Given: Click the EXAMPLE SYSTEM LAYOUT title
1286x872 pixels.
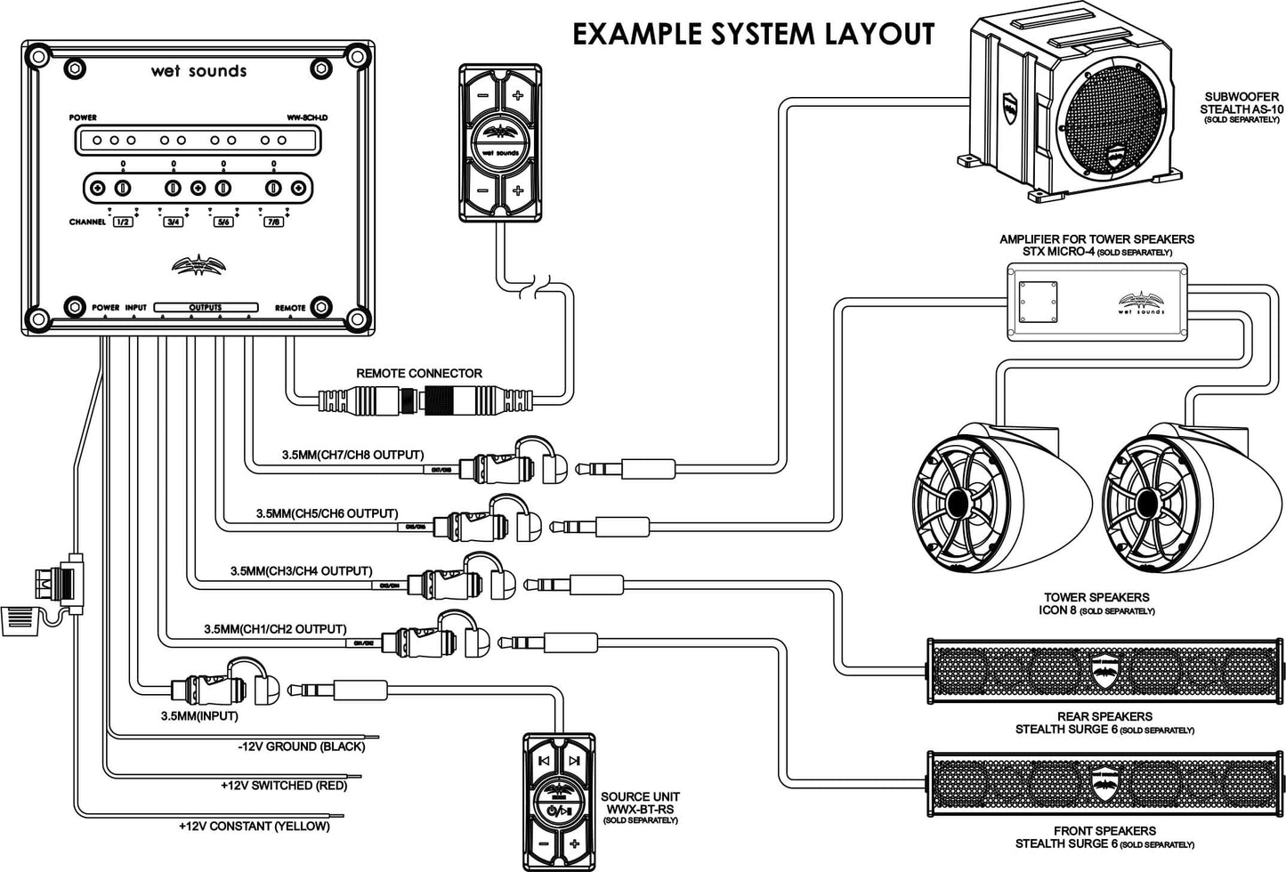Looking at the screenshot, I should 752,34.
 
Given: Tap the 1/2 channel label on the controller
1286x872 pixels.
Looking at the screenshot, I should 123,222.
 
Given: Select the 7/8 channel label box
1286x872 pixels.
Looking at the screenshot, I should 273,222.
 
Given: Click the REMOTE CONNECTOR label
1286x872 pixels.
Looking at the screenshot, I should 419,373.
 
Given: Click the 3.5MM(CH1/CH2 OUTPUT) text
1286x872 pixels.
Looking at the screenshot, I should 275,629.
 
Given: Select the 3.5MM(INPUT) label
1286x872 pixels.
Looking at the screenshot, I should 199,715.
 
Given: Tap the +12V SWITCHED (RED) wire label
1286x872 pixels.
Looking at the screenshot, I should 284,786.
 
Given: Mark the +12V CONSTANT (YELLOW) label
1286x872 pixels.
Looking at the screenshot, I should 255,826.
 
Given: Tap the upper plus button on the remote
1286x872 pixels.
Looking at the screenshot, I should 517,94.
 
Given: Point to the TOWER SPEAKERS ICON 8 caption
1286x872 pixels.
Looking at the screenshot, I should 1096,603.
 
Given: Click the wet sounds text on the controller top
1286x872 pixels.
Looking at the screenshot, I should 198,71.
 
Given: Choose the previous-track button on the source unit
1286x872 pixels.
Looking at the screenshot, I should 543,761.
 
